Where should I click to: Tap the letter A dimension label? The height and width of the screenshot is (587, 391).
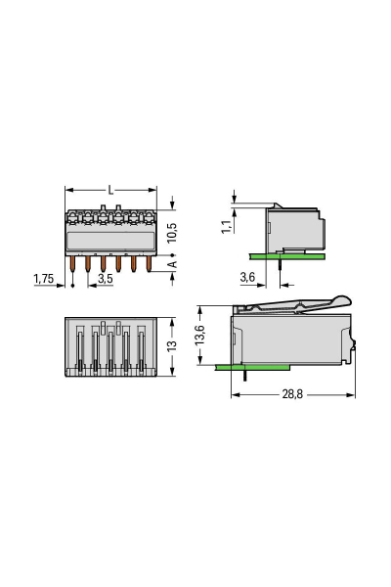(173, 265)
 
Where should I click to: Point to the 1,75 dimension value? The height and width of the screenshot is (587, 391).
(44, 279)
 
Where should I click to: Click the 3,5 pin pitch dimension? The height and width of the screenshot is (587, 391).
(106, 279)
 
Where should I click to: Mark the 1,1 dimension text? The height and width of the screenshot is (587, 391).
(227, 225)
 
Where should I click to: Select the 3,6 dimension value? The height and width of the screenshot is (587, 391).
(247, 279)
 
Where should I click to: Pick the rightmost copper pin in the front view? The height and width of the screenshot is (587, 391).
(148, 264)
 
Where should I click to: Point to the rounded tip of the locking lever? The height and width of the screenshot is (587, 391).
(341, 300)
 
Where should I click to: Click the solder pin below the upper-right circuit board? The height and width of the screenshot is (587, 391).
(281, 264)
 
